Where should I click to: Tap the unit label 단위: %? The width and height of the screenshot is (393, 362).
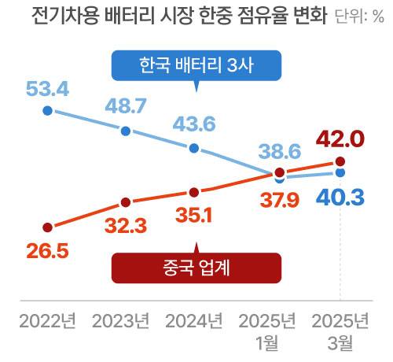[x=359, y=17]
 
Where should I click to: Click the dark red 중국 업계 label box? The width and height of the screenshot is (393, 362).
[x=196, y=268]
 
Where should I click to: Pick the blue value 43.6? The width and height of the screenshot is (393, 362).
[x=194, y=126]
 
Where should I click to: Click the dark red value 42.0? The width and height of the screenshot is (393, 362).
[x=339, y=140]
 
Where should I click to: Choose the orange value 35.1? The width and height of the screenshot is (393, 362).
[x=193, y=213]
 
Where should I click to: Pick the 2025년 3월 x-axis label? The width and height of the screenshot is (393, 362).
[x=340, y=331]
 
